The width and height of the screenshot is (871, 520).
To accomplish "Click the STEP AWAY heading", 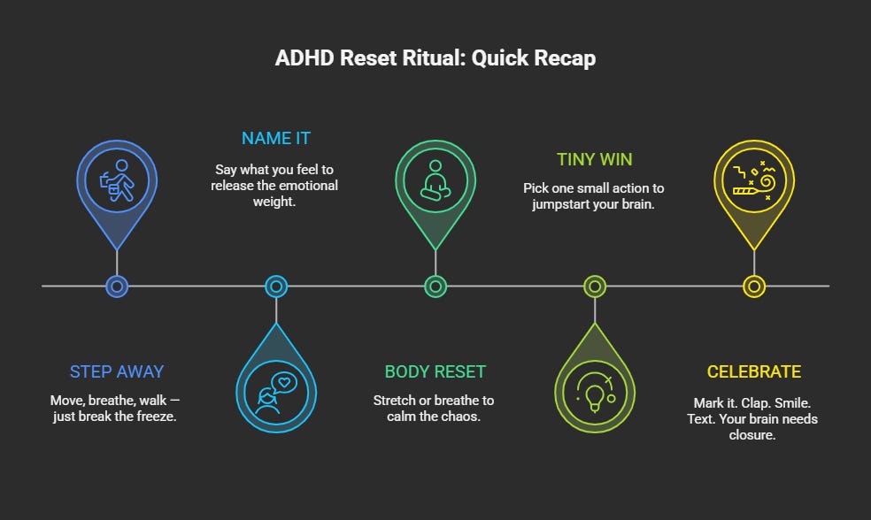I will pyautogui.click(x=117, y=371).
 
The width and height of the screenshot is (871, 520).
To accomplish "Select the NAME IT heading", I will pyautogui.click(x=276, y=138).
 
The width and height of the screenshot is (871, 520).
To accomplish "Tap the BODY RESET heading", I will pyautogui.click(x=435, y=371).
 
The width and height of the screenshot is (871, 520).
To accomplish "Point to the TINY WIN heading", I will pyautogui.click(x=594, y=159).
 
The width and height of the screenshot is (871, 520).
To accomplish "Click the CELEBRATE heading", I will pyautogui.click(x=753, y=371).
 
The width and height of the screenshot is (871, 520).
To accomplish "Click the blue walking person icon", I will pyautogui.click(x=117, y=180).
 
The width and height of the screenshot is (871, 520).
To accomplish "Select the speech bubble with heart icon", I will pyautogui.click(x=276, y=393).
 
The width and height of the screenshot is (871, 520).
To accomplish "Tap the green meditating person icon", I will pyautogui.click(x=435, y=180).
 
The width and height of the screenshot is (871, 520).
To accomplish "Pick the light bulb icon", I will pyautogui.click(x=594, y=393).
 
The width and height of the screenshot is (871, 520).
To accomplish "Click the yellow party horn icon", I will pyautogui.click(x=753, y=180).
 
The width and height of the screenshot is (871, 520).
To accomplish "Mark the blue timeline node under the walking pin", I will pyautogui.click(x=117, y=286).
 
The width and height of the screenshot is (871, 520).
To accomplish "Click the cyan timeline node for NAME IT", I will pyautogui.click(x=276, y=286).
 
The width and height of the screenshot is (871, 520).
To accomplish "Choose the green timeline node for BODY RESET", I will pyautogui.click(x=435, y=286).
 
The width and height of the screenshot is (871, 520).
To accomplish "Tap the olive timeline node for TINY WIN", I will pyautogui.click(x=594, y=286).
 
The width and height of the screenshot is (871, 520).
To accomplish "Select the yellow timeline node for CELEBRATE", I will pyautogui.click(x=753, y=286).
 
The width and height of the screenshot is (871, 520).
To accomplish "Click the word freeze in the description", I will pyautogui.click(x=157, y=417).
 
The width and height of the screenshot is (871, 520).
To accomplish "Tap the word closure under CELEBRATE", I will pyautogui.click(x=753, y=434).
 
